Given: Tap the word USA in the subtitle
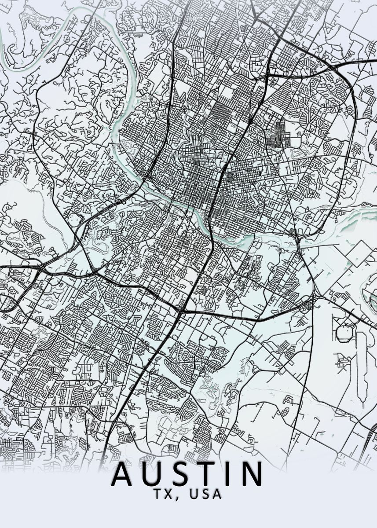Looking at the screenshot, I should coord(205,494).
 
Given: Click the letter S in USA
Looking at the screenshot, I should coord(205,494).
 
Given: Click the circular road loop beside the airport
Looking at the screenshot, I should coord(344,334).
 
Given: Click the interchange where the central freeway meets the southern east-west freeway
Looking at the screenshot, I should coord(181,310).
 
